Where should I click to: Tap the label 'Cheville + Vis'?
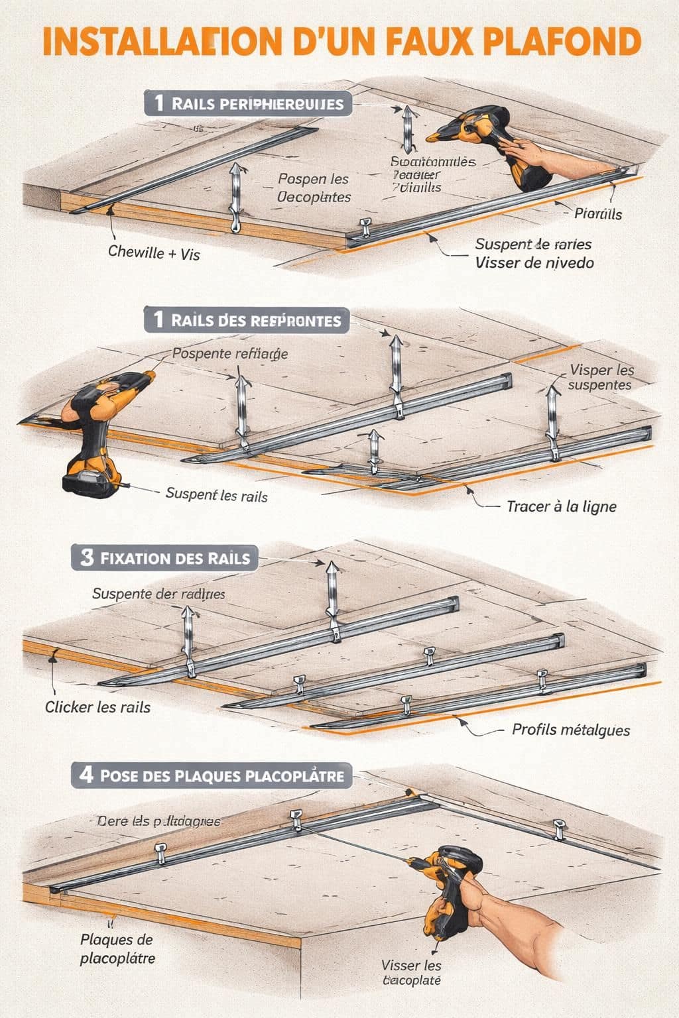pyautogui.click(x=154, y=253)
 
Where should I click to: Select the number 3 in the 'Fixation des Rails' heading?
pyautogui.click(x=87, y=557)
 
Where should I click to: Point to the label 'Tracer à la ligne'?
pyautogui.click(x=561, y=506)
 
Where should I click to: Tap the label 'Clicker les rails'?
pyautogui.click(x=97, y=707)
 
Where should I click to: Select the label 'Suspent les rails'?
pyautogui.click(x=216, y=494)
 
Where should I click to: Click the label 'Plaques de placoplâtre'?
pyautogui.click(x=117, y=948)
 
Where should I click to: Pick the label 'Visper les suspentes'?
pyautogui.click(x=601, y=377)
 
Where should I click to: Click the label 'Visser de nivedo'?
pyautogui.click(x=534, y=262)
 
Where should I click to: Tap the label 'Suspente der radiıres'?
pyautogui.click(x=158, y=594)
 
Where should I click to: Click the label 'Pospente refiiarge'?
pyautogui.click(x=229, y=353)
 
